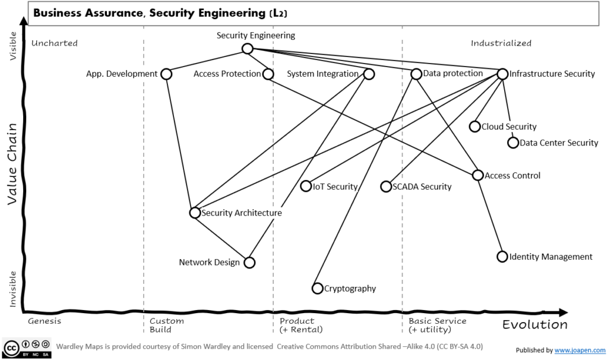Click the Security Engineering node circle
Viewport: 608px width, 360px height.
tap(247, 49)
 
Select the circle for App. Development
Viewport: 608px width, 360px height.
tap(166, 74)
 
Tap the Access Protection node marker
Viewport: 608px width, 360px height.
tap(268, 74)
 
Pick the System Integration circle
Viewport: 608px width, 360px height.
tap(369, 74)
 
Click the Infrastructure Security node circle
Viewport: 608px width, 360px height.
tap(502, 74)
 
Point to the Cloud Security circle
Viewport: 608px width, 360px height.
tap(474, 127)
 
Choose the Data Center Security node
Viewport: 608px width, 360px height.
tap(513, 143)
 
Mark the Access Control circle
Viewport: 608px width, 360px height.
tap(478, 175)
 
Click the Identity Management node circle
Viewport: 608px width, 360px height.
tap(502, 257)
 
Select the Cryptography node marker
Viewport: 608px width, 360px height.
tap(318, 288)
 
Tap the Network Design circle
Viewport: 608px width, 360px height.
tap(249, 262)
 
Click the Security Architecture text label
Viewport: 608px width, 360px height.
tap(242, 213)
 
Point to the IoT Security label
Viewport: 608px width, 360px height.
tap(335, 187)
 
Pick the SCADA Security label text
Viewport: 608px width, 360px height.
tap(422, 187)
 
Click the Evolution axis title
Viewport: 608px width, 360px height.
tap(534, 324)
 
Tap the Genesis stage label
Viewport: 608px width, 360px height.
tap(45, 321)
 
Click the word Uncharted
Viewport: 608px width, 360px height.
tap(55, 43)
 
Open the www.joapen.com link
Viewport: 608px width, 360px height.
tap(579, 350)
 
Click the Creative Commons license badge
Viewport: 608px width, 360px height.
tap(27, 348)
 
